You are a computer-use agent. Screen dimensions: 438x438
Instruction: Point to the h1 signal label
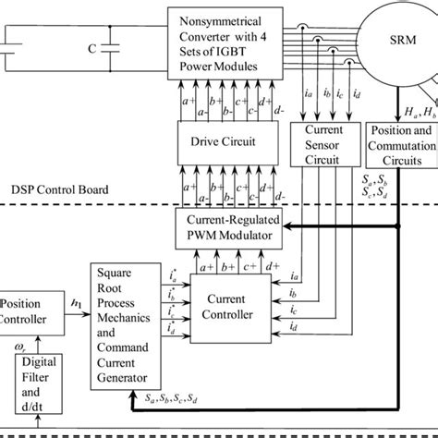76,298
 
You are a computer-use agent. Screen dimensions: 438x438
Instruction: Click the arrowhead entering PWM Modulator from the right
288,225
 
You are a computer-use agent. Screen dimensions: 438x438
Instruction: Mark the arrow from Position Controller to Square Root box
79,313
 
